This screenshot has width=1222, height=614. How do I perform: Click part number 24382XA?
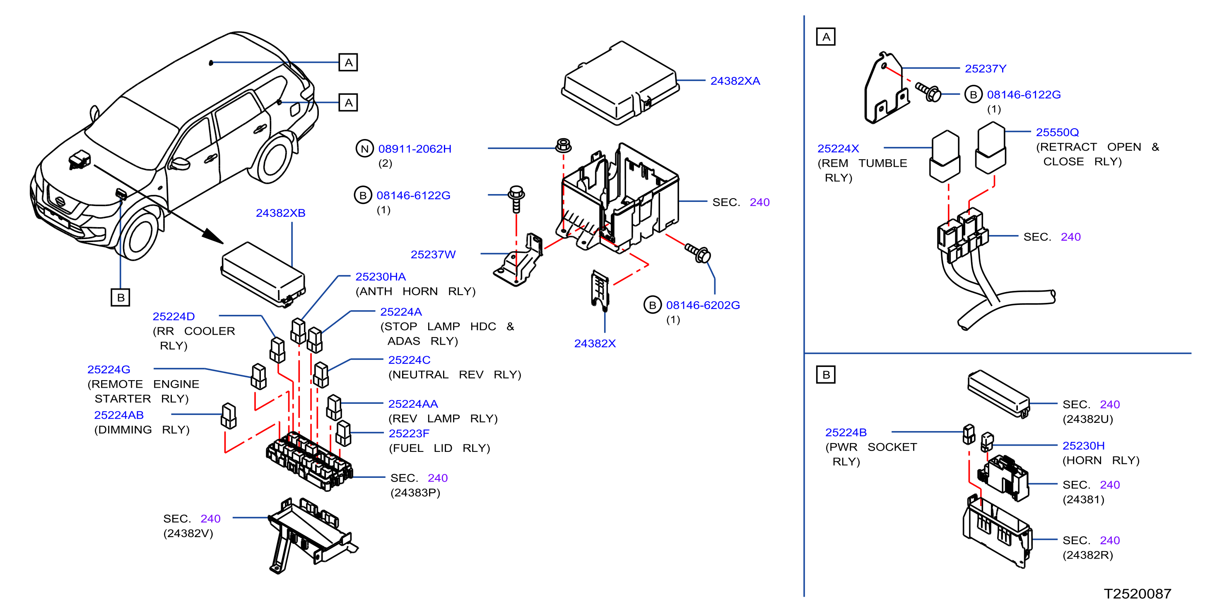735,81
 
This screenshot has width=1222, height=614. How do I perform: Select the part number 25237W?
433,254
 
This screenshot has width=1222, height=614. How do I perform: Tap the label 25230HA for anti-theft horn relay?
381,277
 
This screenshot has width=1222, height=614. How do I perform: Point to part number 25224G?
108,369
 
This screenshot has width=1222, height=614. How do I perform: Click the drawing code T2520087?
1137,594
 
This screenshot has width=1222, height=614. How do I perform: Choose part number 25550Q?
1057,132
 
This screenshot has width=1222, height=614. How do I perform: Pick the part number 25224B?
846,432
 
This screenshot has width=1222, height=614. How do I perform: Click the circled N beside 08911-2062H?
364,149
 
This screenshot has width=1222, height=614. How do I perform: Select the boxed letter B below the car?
121,297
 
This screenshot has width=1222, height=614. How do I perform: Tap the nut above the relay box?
563,145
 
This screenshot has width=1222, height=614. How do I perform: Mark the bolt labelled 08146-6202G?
698,253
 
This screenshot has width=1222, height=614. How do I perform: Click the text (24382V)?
188,533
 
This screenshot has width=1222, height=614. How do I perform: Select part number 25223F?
409,433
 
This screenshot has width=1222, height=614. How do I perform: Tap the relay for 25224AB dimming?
229,416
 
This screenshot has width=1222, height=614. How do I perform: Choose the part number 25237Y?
985,69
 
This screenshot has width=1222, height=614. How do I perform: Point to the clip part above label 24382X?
600,290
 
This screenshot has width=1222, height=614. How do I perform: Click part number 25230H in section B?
1083,446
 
